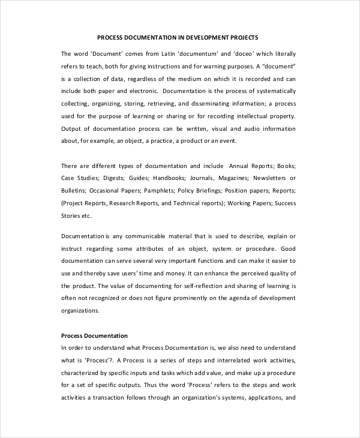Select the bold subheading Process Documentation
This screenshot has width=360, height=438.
pos(94,335)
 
